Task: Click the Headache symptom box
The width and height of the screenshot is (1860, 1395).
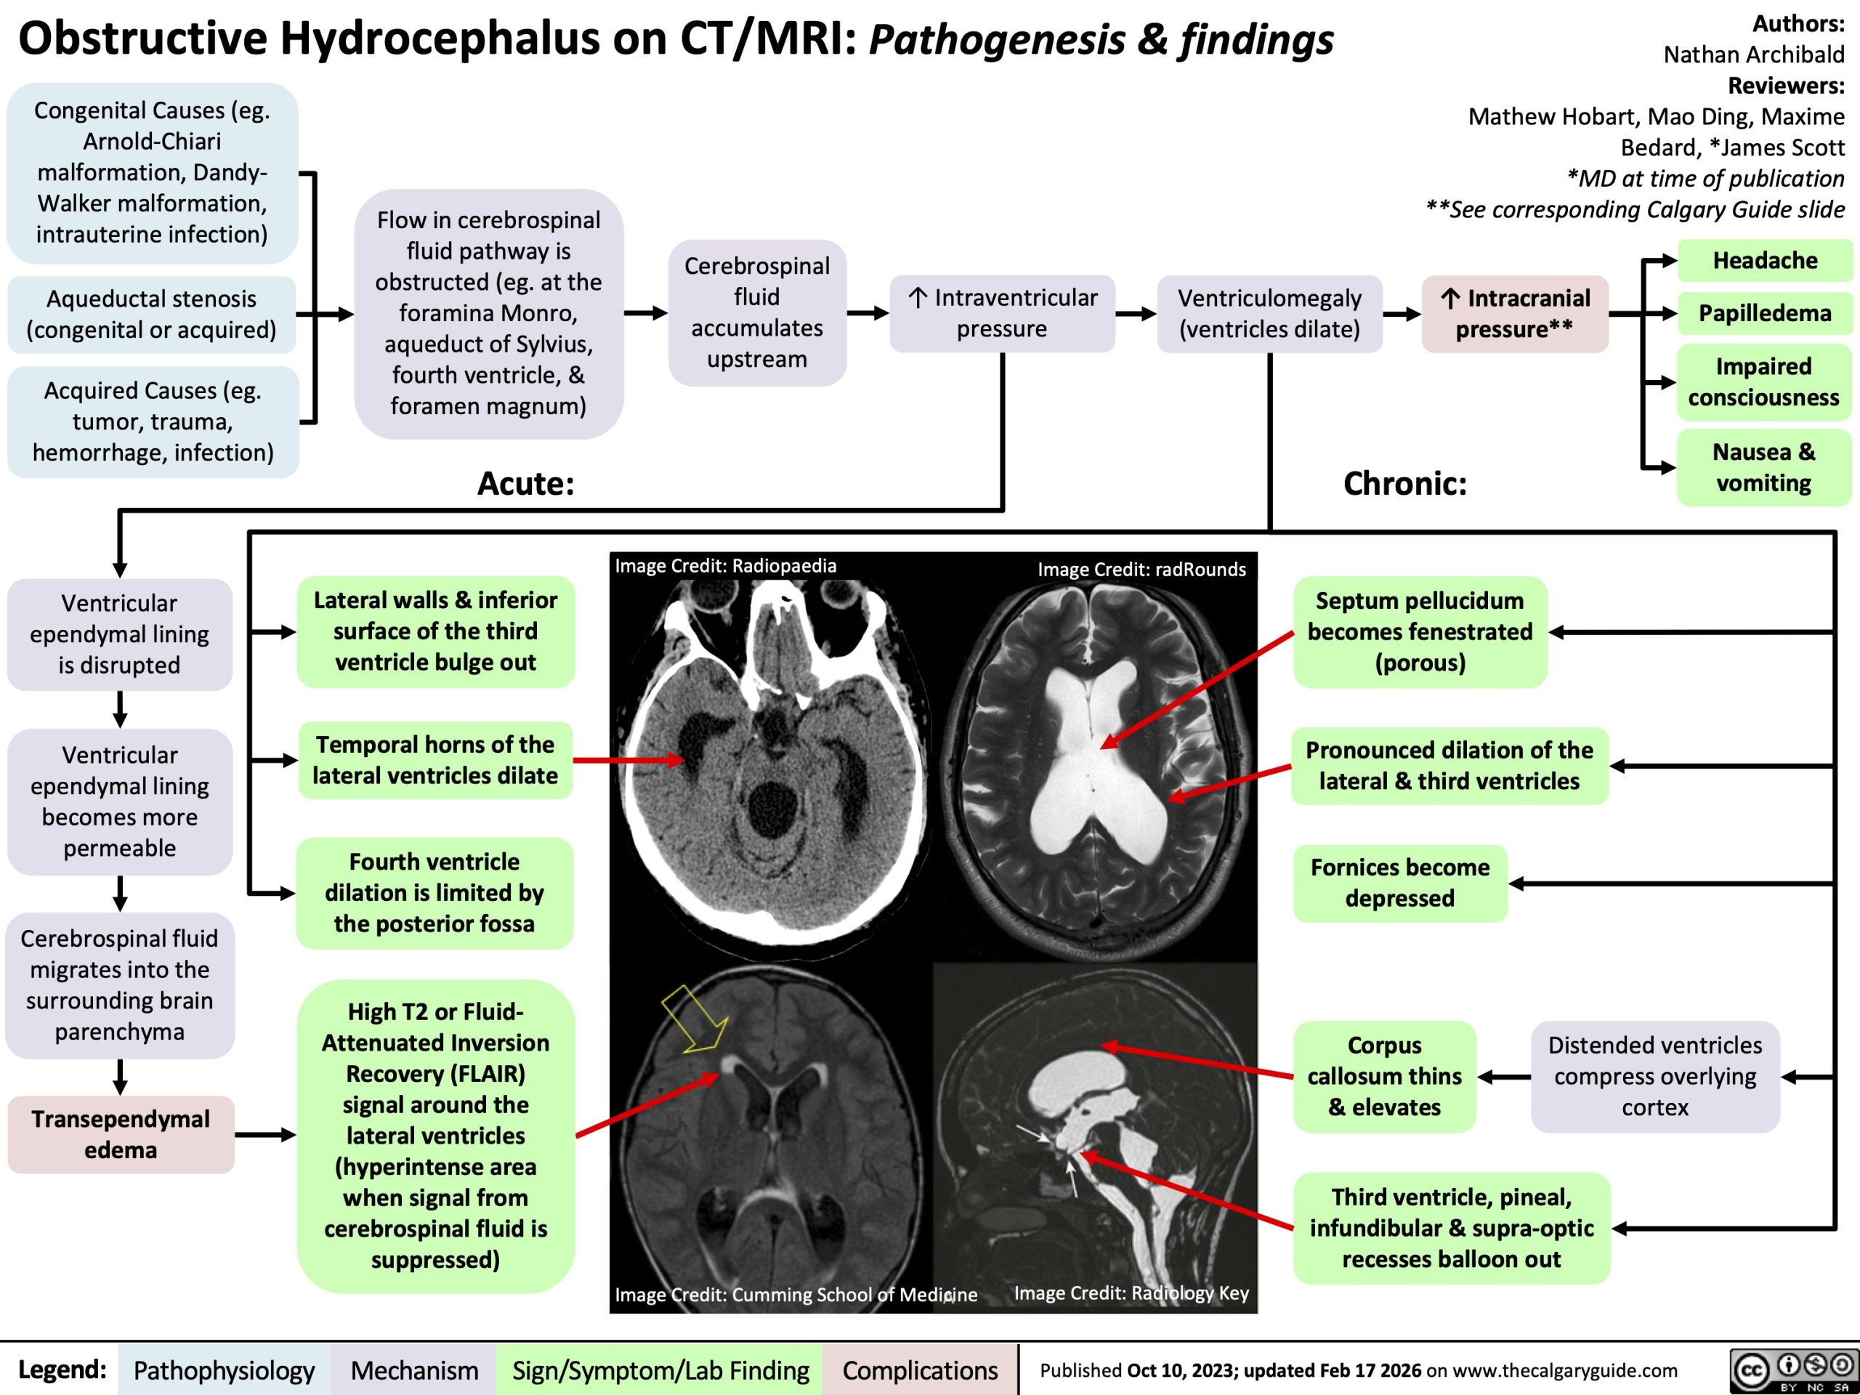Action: pyautogui.click(x=1764, y=261)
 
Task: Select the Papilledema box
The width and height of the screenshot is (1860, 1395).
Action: pyautogui.click(x=1764, y=313)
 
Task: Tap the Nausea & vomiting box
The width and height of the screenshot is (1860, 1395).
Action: pyautogui.click(x=1763, y=467)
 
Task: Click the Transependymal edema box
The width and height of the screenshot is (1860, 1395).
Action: pyautogui.click(x=120, y=1134)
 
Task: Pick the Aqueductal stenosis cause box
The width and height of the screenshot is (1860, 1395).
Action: pyautogui.click(x=151, y=314)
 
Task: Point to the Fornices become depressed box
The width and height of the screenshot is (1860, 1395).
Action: pyautogui.click(x=1399, y=883)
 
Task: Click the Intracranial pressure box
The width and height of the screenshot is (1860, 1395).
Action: pyautogui.click(x=1514, y=313)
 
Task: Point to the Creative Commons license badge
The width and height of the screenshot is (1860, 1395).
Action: pyautogui.click(x=1791, y=1370)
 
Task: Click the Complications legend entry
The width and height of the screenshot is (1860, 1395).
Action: pyautogui.click(x=920, y=1370)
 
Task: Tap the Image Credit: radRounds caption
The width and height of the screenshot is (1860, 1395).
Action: pyautogui.click(x=1141, y=570)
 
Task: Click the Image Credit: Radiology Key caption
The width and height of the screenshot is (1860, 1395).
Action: pyautogui.click(x=1131, y=1293)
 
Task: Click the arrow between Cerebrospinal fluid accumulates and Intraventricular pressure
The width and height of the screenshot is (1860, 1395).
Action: pyautogui.click(x=868, y=314)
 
